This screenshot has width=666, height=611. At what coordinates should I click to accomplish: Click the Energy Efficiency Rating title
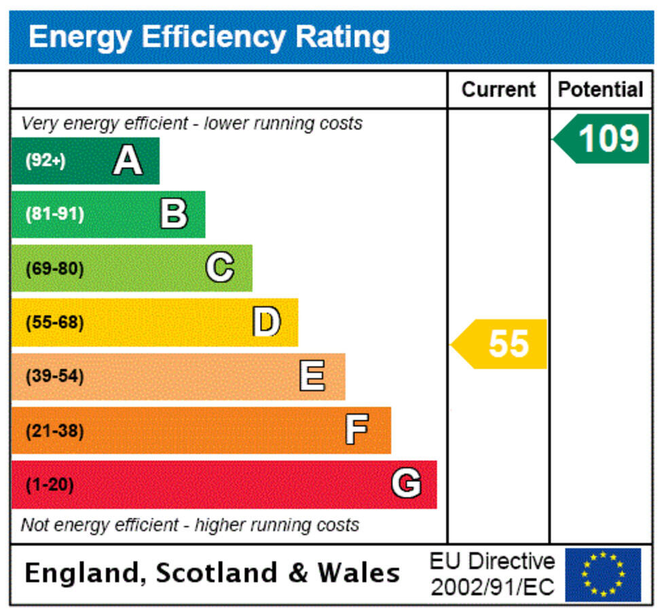click(x=209, y=37)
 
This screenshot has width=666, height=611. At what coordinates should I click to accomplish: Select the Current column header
click(x=498, y=90)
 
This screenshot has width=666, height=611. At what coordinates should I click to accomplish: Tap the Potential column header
click(x=601, y=90)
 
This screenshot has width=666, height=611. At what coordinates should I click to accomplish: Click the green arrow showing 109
click(x=602, y=139)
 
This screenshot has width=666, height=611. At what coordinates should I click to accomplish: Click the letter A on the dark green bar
click(x=128, y=162)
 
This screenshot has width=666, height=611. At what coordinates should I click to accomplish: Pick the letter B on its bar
click(x=174, y=215)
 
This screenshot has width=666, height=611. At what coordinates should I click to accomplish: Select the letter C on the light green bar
click(x=220, y=268)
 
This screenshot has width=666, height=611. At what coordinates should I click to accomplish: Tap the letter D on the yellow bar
click(x=266, y=322)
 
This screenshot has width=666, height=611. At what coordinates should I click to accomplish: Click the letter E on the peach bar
click(x=312, y=376)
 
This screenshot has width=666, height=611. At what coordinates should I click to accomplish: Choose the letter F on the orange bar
click(x=357, y=430)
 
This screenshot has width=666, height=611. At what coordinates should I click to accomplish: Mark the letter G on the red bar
click(x=405, y=484)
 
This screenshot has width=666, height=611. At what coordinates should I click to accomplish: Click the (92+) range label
click(x=45, y=162)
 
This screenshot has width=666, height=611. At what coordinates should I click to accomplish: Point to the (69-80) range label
click(x=55, y=269)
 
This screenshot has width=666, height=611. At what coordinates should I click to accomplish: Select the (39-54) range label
click(x=55, y=376)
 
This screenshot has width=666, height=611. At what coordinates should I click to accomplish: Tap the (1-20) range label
click(x=50, y=485)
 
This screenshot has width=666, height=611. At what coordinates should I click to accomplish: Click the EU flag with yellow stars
click(x=603, y=574)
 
